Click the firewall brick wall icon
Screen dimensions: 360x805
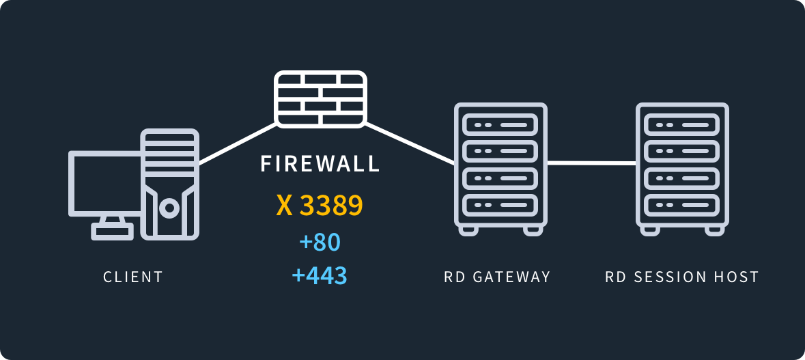[320, 98]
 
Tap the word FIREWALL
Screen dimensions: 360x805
[320, 165]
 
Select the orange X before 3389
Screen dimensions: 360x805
[284, 206]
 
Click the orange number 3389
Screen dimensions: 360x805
[331, 206]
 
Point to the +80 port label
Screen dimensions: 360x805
[320, 243]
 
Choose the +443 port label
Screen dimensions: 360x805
[320, 275]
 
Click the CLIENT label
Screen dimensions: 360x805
[133, 277]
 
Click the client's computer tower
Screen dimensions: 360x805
[169, 184]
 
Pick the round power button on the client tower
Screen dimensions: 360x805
[169, 208]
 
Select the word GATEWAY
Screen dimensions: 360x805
[511, 277]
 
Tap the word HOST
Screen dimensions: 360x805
[738, 277]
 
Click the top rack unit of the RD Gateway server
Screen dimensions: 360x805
[500, 125]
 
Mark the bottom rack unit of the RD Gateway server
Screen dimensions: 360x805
[500, 204]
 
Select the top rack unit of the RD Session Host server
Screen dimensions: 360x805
[682, 125]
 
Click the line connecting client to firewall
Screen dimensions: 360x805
[238, 144]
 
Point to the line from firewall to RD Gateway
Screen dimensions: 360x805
[410, 144]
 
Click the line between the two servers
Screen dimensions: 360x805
[591, 163]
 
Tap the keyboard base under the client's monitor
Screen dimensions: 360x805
[113, 232]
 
